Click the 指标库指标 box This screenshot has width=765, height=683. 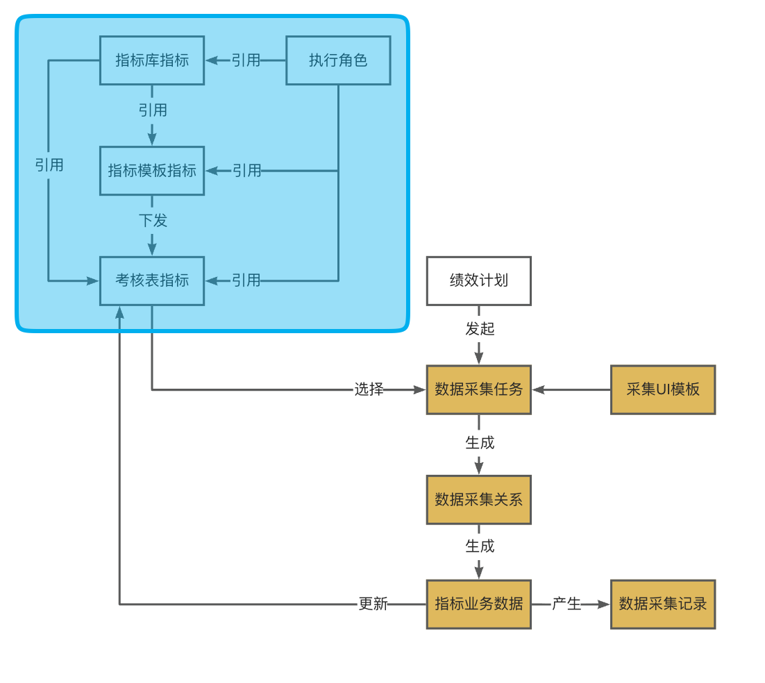tap(152, 60)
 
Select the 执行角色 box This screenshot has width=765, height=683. tap(338, 60)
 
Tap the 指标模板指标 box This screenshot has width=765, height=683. tap(152, 171)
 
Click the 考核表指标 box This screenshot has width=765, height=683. tap(152, 281)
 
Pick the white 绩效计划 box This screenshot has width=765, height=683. tap(478, 281)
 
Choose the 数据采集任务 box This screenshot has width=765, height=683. tap(478, 390)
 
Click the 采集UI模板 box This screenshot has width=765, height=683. tap(662, 390)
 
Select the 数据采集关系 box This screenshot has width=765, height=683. tap(478, 500)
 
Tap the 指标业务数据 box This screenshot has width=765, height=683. tap(478, 605)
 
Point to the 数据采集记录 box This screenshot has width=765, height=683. tap(662, 605)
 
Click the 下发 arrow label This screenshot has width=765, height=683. tap(153, 221)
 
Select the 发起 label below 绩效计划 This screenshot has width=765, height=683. tap(480, 329)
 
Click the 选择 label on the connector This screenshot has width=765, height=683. tap(369, 390)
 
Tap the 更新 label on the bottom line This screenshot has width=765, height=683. tap(373, 605)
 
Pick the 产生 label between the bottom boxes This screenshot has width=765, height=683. tap(566, 605)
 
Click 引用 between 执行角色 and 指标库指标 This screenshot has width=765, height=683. tap(246, 60)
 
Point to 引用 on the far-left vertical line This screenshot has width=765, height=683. tap(49, 165)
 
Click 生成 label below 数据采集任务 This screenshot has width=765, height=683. tap(480, 443)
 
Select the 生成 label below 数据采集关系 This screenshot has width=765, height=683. tap(480, 547)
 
